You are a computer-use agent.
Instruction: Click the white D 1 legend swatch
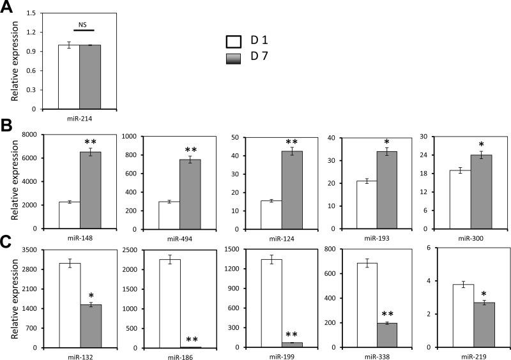click(234, 42)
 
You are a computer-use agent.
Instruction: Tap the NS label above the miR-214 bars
click(82, 24)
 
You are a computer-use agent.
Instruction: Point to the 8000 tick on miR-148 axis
click(31, 136)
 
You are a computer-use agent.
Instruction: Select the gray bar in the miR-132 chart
click(91, 326)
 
